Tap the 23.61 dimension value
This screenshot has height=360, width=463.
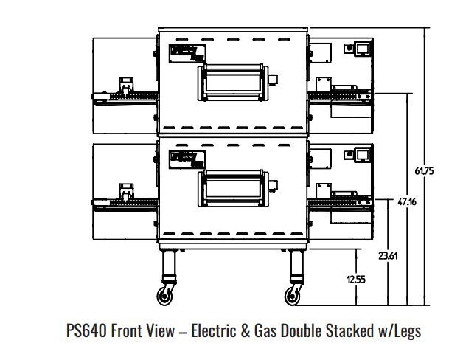[x=389, y=257]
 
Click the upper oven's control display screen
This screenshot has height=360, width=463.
[x=363, y=49]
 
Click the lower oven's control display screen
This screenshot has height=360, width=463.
[x=363, y=154]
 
